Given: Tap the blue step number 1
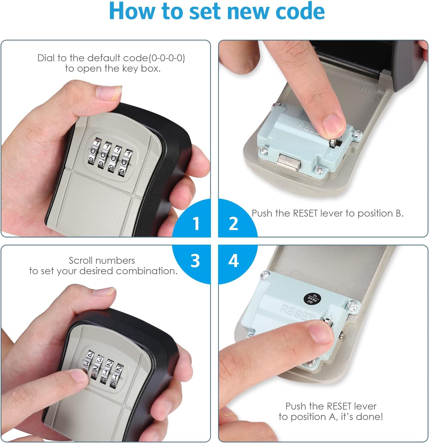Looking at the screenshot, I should [196, 223].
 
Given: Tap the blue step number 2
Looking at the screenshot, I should [233, 223].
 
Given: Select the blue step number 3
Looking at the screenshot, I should [195, 261].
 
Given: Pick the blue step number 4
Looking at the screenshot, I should [233, 261].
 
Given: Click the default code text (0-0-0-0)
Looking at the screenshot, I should [167, 58].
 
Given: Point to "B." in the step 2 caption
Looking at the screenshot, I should [399, 213].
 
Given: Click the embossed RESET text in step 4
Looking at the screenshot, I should [297, 312].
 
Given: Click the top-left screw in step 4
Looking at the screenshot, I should [264, 275].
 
